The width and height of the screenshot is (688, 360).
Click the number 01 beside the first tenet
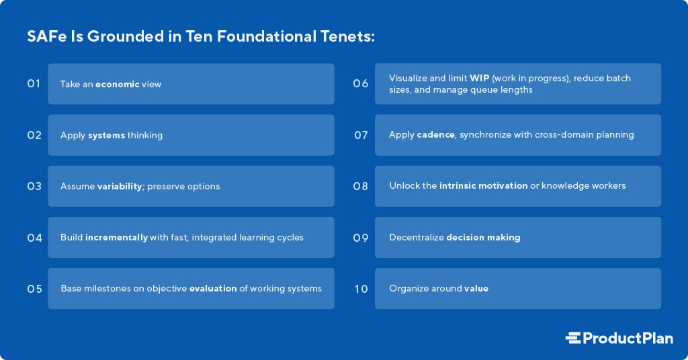[34, 83]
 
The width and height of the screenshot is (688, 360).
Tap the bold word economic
[118, 84]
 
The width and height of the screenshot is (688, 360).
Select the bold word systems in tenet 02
[107, 135]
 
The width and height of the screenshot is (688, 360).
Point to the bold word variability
[120, 186]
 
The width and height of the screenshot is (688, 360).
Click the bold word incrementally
[117, 238]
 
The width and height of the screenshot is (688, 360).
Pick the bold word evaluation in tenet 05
[213, 289]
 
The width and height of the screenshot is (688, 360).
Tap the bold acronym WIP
[480, 78]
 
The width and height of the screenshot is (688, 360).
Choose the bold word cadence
[435, 134]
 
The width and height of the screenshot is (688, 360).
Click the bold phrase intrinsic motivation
[484, 185]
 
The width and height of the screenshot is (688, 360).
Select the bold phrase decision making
[483, 238]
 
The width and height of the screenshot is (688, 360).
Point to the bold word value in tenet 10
[476, 289]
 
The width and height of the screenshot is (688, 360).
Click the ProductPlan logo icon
[573, 338]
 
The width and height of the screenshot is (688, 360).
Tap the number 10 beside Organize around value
[361, 289]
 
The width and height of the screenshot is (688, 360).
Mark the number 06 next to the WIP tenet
[361, 83]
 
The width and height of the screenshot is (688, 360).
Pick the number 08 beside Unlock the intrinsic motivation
[361, 186]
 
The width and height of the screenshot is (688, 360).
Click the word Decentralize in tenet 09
[417, 238]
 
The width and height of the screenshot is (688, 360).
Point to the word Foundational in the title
[266, 36]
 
